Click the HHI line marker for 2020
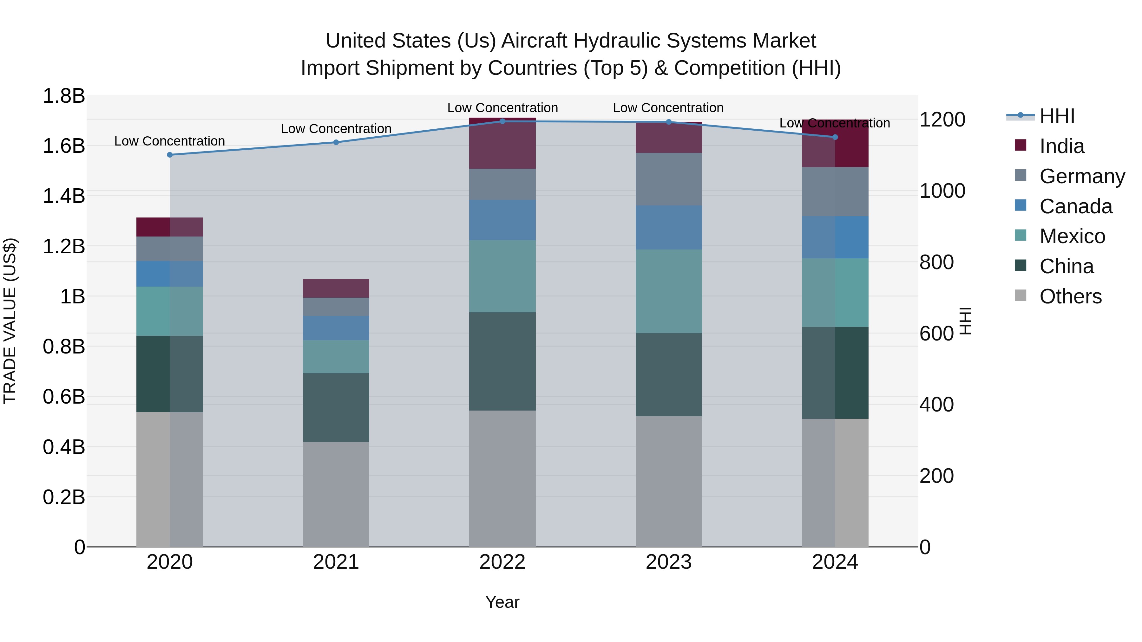point(170,155)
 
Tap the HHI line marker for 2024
point(835,137)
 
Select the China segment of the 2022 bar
point(502,361)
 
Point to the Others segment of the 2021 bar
point(336,494)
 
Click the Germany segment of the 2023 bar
point(668,179)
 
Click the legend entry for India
point(1061,146)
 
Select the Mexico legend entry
point(1072,236)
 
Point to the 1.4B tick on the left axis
point(64,196)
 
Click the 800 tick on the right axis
point(936,262)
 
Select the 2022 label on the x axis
point(502,562)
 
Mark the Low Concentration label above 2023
point(668,108)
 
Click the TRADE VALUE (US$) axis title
point(10,321)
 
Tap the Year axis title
point(502,602)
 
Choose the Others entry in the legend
point(1070,296)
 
